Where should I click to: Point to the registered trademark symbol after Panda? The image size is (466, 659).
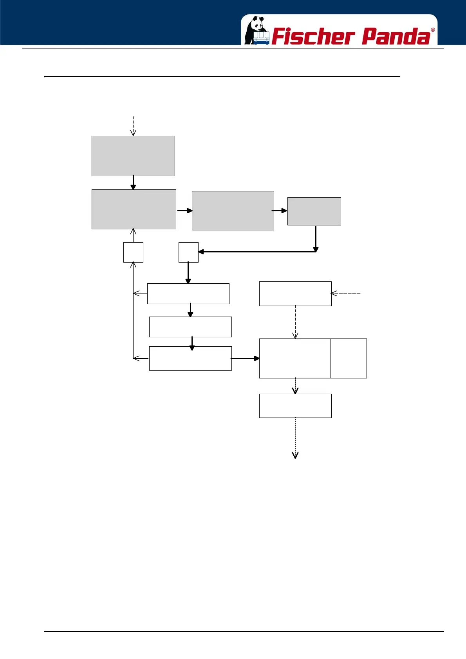[433, 30]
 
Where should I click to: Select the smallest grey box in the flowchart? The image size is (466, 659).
[314, 211]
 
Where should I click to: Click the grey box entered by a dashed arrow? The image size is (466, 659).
[133, 156]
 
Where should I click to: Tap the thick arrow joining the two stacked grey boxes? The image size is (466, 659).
[133, 182]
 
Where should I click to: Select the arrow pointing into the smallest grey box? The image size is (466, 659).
[280, 211]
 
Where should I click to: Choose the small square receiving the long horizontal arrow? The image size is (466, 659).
[188, 252]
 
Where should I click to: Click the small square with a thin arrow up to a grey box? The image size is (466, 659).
[133, 252]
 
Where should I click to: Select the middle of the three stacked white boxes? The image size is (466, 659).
[190, 327]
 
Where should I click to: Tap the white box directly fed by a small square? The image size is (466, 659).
[188, 293]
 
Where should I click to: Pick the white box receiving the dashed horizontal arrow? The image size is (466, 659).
[295, 293]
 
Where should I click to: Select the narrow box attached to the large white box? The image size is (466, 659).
[349, 358]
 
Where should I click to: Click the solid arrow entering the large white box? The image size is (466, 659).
[245, 358]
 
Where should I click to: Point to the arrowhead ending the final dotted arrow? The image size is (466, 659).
[295, 455]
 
